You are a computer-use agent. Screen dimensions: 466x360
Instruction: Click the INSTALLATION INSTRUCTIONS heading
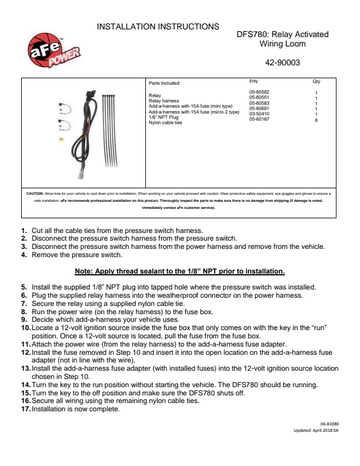(x=158, y=26)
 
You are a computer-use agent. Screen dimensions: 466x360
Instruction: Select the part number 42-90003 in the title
(x=282, y=62)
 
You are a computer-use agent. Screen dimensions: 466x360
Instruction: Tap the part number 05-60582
(x=259, y=92)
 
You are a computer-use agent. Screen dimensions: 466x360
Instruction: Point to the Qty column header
(x=316, y=82)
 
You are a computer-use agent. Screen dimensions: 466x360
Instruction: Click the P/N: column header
(x=254, y=82)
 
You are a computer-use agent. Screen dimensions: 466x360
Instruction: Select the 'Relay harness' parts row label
(x=163, y=101)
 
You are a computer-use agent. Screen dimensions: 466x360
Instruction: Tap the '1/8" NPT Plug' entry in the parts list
(x=164, y=117)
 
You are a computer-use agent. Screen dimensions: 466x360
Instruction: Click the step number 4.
(x=24, y=255)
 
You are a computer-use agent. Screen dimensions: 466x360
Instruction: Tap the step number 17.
(x=26, y=409)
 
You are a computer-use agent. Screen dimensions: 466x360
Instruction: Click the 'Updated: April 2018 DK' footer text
(x=316, y=431)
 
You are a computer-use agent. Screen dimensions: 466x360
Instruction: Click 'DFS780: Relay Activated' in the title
(x=282, y=35)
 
